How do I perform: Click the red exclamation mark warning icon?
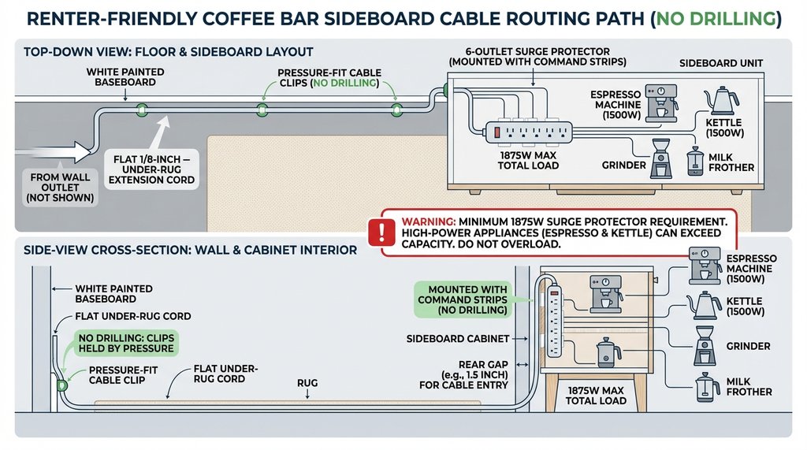[383, 232]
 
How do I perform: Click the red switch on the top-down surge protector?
[498, 132]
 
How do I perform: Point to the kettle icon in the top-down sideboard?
[722, 101]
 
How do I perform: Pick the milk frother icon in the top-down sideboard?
[694, 160]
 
